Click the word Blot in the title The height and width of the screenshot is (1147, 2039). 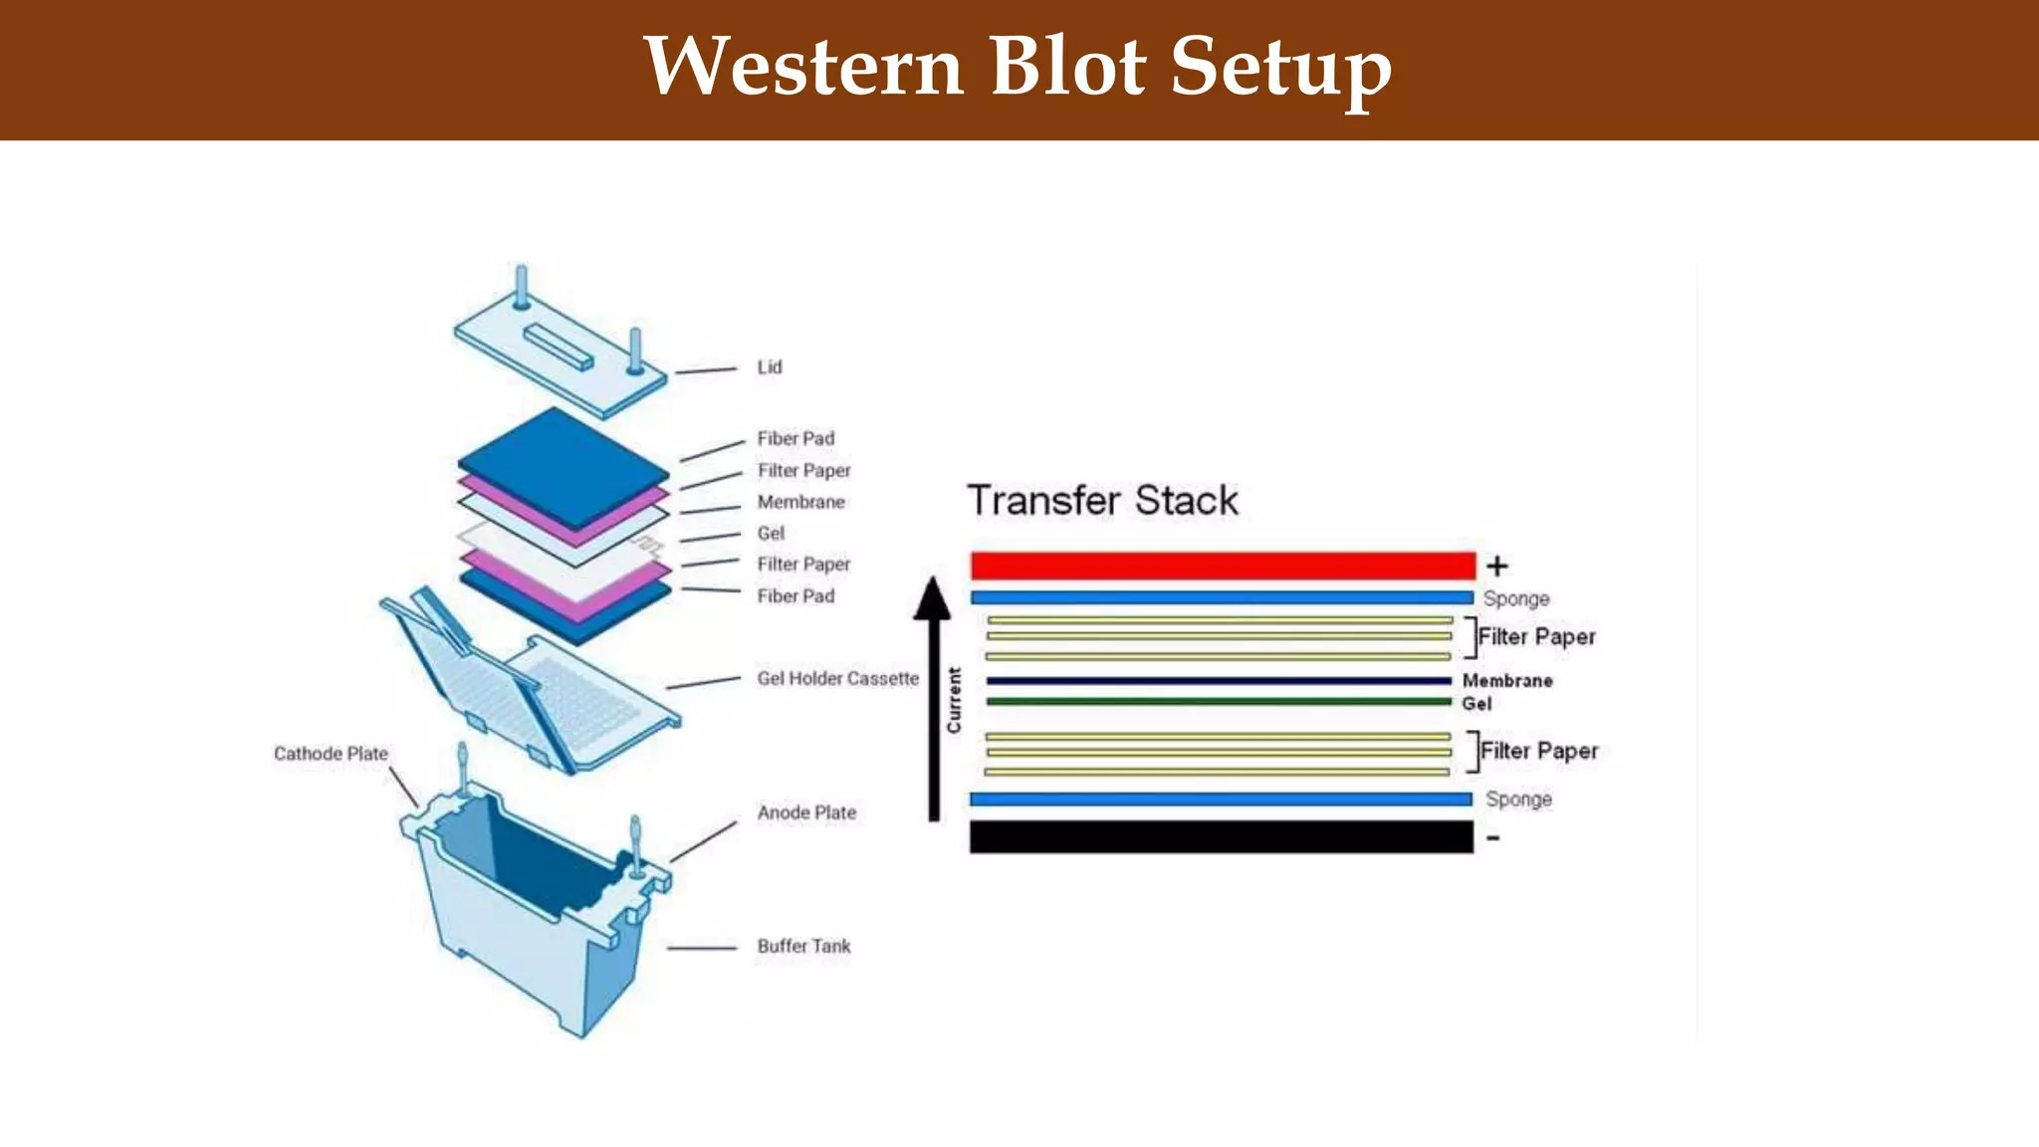1066,66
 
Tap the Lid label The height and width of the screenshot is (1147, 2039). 769,367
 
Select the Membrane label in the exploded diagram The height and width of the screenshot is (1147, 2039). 800,502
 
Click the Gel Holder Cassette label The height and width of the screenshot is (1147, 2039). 837,678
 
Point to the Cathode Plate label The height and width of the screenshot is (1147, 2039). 331,754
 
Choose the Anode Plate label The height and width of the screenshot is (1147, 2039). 806,812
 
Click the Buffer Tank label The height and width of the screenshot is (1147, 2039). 803,946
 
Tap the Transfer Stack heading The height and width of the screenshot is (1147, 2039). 1102,500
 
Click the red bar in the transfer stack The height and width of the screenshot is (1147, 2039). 1223,566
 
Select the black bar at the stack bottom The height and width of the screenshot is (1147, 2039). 1221,836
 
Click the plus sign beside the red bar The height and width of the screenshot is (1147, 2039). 1496,566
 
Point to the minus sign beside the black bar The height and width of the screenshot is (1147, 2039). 1492,838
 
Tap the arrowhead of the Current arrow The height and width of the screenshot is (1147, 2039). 933,597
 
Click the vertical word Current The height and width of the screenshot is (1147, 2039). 954,700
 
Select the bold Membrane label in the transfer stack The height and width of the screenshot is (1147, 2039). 1506,681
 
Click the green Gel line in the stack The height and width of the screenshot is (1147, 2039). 1219,702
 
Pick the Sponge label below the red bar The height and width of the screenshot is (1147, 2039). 1515,598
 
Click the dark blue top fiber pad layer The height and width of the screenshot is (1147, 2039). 563,463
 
